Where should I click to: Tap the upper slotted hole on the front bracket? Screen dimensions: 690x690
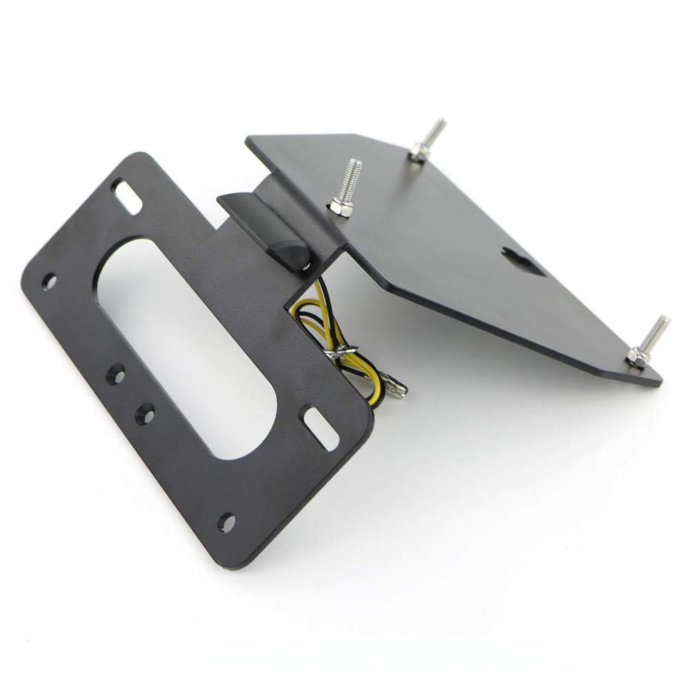pyautogui.click(x=129, y=190)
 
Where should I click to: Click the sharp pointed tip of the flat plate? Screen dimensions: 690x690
pyautogui.click(x=661, y=379)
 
